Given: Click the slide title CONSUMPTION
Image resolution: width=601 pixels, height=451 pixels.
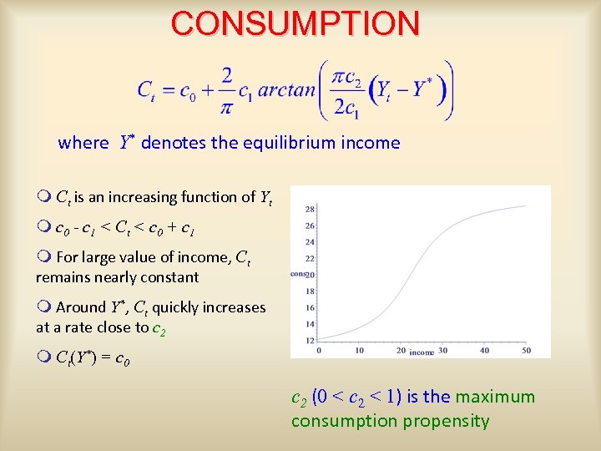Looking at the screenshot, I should pos(295,23).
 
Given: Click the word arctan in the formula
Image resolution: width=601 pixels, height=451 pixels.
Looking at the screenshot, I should pos(286,90).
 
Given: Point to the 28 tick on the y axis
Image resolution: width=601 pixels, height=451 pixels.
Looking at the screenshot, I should pos(309,209).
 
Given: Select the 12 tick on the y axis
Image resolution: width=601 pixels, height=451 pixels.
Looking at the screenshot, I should pos(309,340).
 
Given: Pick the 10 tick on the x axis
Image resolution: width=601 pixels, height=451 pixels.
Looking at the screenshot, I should pos(359,351).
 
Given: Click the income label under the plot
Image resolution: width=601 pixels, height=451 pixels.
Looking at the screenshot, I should pos(422,352).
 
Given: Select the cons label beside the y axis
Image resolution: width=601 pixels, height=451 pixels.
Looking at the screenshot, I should pos(298,274).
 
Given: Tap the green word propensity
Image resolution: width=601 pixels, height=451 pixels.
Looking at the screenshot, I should pos(446,421).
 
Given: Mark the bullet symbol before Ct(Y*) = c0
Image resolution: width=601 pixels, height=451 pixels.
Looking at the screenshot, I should pos(43,358).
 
